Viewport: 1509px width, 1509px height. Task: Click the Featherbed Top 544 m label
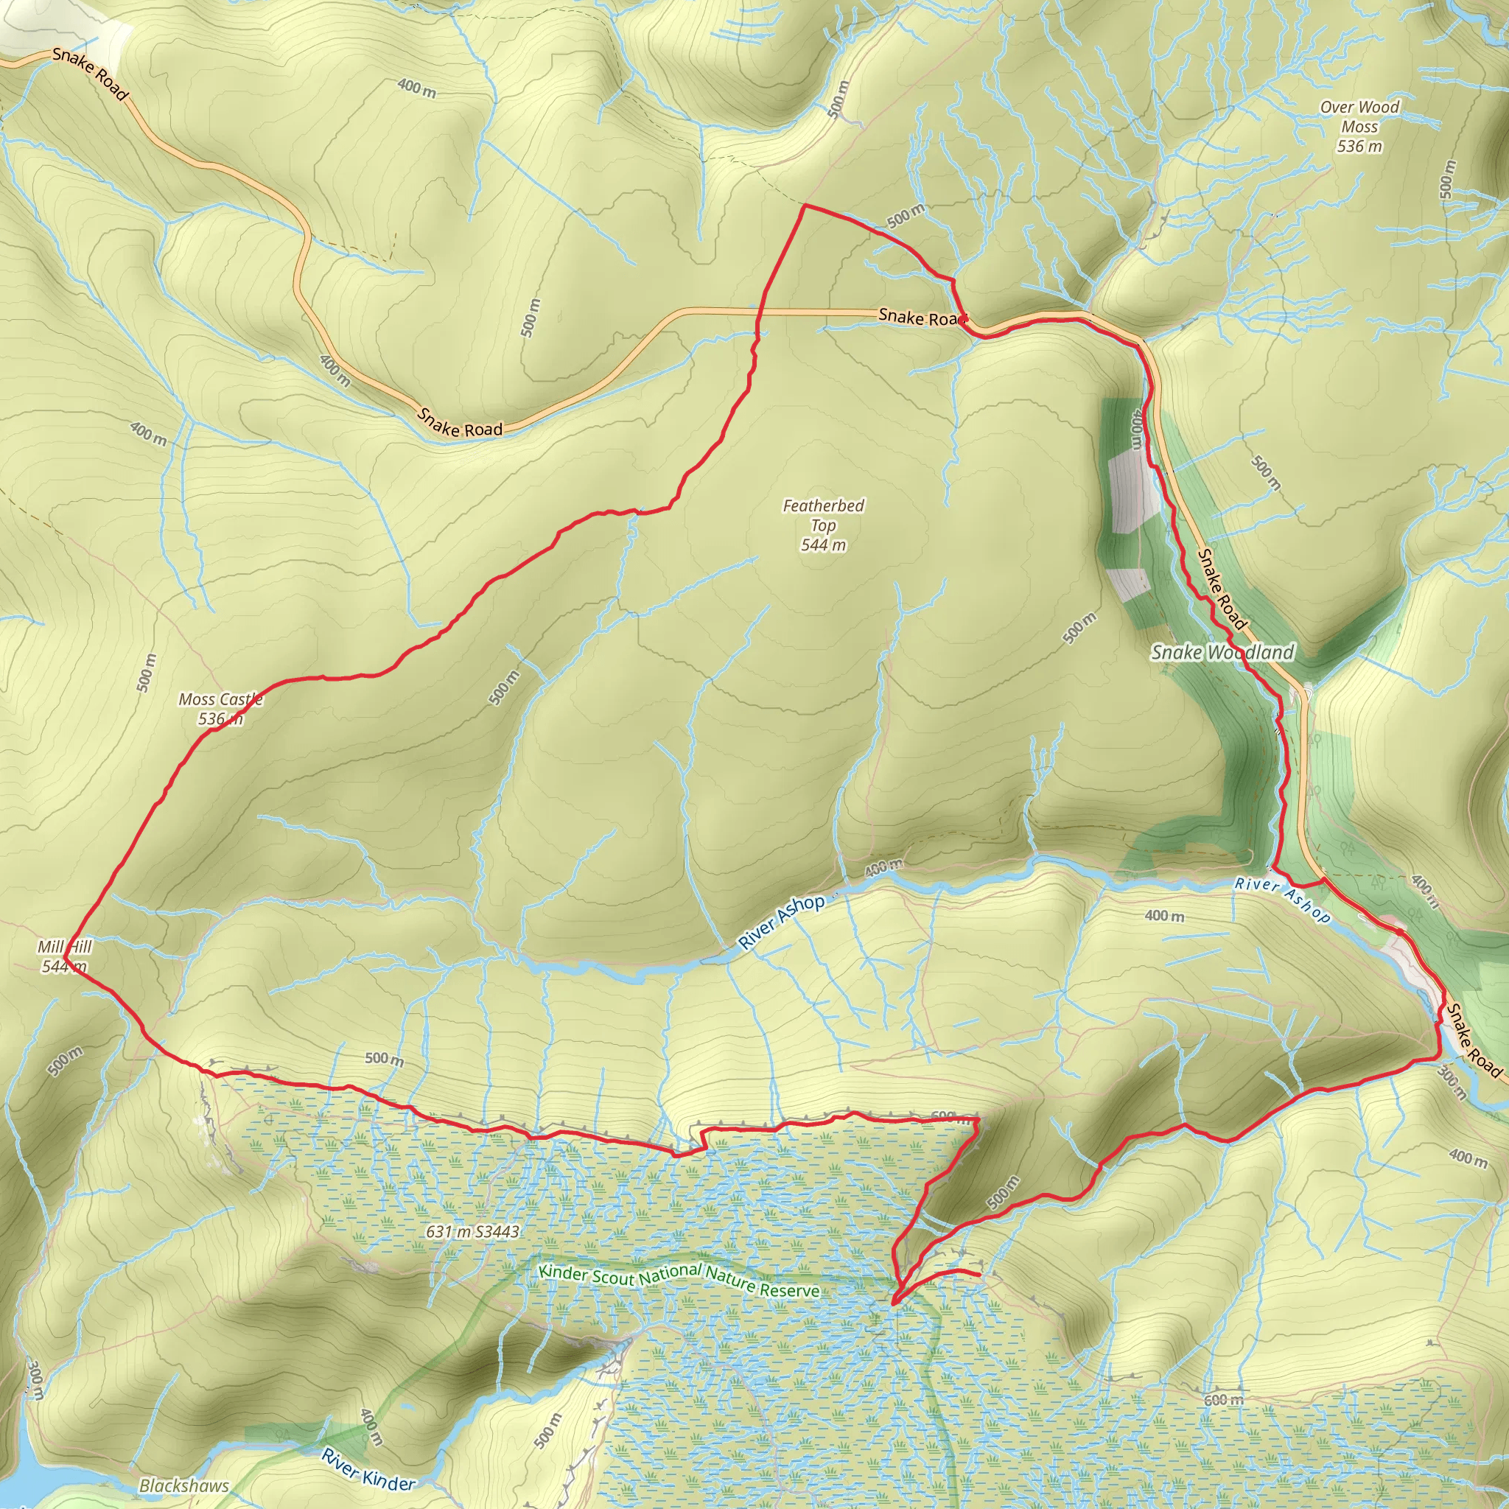[x=823, y=525]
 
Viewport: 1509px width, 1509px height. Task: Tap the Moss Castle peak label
[x=220, y=708]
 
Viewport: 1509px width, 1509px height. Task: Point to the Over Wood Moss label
[x=1360, y=127]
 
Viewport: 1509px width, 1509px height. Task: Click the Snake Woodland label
[x=1222, y=652]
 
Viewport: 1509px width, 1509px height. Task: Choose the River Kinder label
[x=368, y=1468]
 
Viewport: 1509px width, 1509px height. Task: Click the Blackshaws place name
[x=184, y=1485]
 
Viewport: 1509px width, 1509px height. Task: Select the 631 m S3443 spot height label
[x=472, y=1232]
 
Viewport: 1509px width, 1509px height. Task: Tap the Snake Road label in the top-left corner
[x=90, y=74]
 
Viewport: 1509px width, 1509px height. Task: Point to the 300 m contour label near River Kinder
[x=35, y=1379]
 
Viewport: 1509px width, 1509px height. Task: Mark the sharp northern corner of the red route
[x=805, y=206]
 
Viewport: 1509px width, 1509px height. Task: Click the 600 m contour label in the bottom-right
[x=1223, y=1400]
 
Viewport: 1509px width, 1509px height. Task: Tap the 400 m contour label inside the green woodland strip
[x=1138, y=430]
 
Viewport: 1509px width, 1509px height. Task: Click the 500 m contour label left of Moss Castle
[x=146, y=673]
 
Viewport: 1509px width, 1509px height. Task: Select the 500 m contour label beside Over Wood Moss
[x=1446, y=180]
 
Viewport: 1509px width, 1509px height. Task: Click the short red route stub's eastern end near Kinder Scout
[x=979, y=1275]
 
